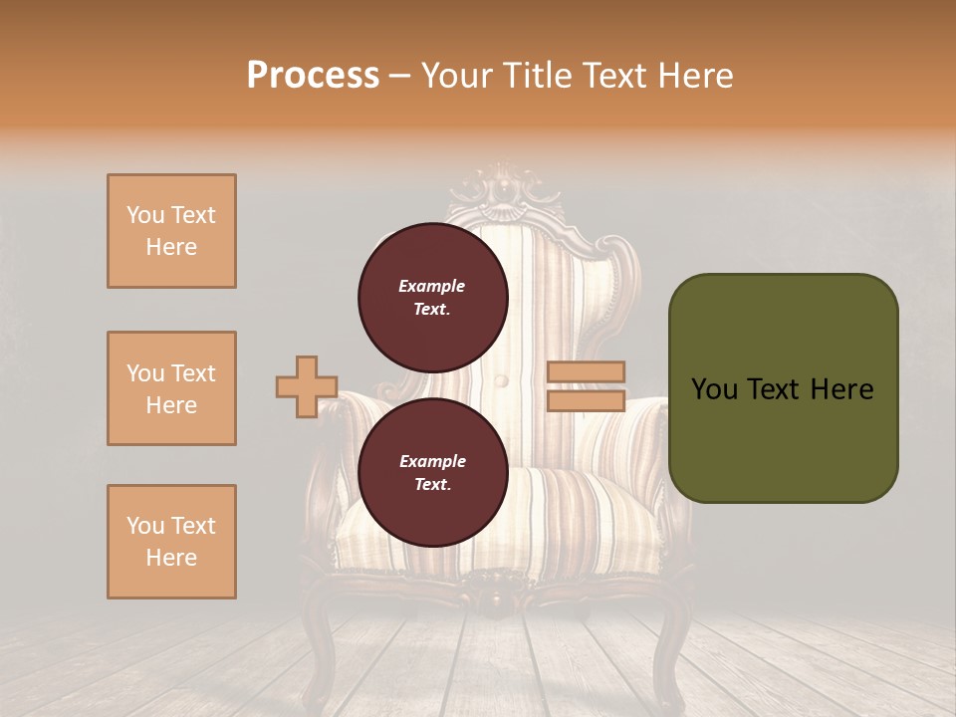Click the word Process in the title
coord(313,76)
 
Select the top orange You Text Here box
coord(171,231)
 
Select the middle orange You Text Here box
coord(171,388)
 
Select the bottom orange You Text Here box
coord(171,542)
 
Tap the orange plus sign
coord(307,386)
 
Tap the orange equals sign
coord(587,386)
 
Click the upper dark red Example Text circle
coord(432,298)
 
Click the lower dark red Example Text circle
coord(432,473)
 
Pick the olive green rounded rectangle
coord(783,388)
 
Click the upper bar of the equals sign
coord(587,372)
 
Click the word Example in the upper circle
coord(432,286)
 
